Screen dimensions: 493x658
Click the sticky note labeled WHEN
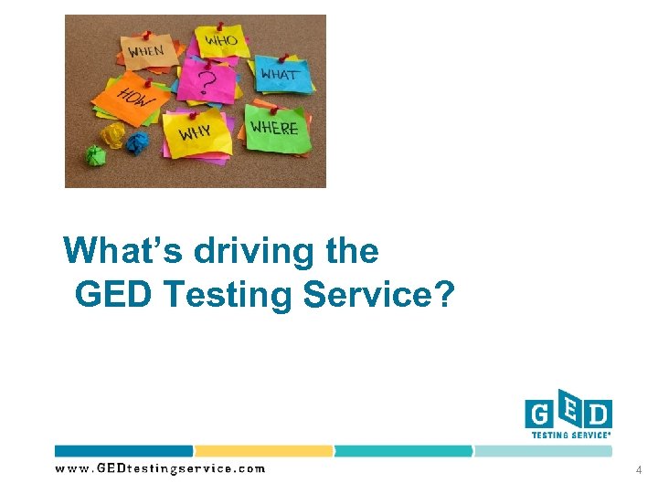(146, 50)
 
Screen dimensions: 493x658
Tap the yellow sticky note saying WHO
(219, 42)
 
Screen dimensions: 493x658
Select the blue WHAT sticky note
(278, 74)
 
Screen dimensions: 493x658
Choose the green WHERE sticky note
(274, 128)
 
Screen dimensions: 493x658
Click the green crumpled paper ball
(95, 154)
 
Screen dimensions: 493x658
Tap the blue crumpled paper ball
(136, 142)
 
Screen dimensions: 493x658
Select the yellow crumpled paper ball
(112, 136)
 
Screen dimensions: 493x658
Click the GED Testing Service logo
(568, 415)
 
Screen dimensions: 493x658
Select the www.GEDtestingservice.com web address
(160, 468)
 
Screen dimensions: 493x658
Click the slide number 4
(639, 469)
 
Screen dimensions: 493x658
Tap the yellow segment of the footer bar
(263, 451)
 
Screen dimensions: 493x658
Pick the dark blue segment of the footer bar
(123, 451)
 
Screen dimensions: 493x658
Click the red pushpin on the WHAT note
(281, 56)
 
